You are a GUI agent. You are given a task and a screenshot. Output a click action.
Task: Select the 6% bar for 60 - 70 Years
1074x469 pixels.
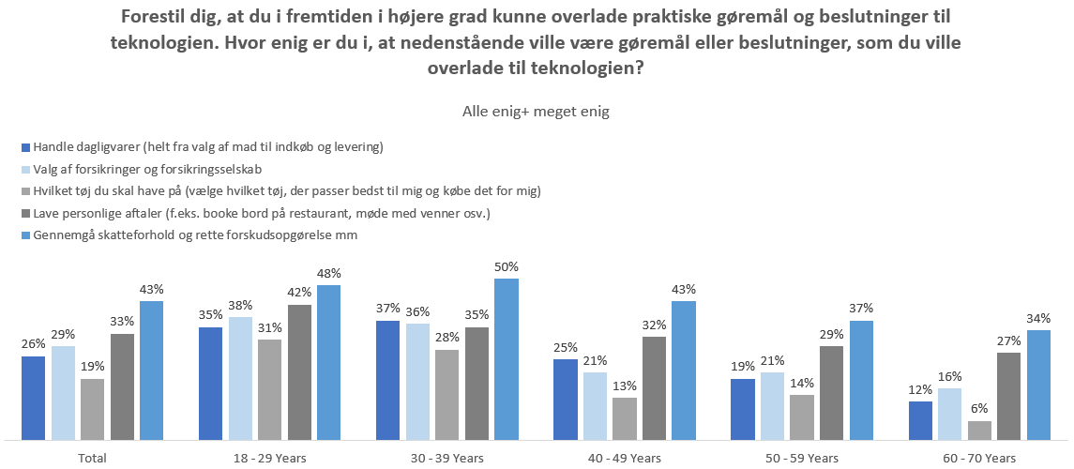point(979,430)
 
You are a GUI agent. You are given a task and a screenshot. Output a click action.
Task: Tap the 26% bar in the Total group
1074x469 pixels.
point(34,398)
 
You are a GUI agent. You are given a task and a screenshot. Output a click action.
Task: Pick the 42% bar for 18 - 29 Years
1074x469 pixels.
point(300,371)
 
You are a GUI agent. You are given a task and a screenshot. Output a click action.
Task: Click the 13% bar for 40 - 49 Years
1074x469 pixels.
point(625,418)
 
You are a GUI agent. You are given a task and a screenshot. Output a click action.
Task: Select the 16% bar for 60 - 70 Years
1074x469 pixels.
point(949,414)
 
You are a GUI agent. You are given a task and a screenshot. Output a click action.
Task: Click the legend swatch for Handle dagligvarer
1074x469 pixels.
point(25,147)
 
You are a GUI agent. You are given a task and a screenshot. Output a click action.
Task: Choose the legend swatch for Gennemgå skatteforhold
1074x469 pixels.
point(25,235)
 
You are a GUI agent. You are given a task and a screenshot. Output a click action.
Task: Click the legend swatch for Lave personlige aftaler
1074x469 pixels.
point(25,213)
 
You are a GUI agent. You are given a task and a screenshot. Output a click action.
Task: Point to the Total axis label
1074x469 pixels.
point(93,458)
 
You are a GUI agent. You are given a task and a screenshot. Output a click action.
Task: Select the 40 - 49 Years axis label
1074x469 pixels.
point(626,458)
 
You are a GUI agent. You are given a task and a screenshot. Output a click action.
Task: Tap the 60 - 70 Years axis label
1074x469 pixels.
point(980,458)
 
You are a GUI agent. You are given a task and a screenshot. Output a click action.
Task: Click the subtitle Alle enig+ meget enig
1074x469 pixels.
point(536,112)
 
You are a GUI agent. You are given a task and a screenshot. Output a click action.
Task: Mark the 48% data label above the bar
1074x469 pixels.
point(329,274)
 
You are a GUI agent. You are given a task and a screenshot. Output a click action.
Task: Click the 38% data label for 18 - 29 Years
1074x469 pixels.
point(241,306)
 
